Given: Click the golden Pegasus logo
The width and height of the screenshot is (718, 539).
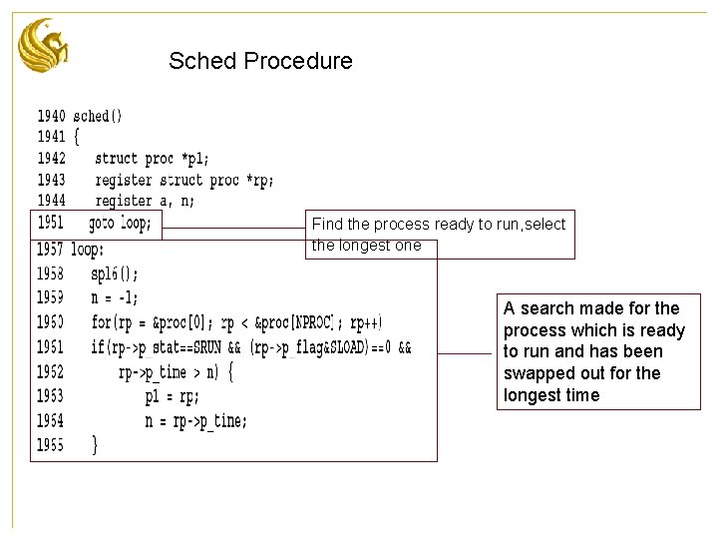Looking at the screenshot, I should (x=44, y=46).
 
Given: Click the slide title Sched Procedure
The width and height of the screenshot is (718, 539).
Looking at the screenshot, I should (x=260, y=61).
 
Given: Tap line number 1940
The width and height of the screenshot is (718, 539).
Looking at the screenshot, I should (x=52, y=116).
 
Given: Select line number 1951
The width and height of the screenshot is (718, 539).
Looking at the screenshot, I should (x=51, y=224).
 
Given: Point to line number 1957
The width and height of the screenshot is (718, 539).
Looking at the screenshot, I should (x=51, y=249).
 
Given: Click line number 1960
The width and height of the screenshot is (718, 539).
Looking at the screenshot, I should (x=51, y=322).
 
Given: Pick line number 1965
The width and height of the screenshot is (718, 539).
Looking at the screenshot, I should (x=51, y=445).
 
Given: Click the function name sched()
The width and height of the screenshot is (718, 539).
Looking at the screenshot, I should (x=98, y=116).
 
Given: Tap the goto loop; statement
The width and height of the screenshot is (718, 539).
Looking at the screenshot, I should (x=120, y=224).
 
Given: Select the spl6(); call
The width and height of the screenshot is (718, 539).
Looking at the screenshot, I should (x=115, y=273).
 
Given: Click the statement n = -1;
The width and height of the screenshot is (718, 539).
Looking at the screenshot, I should (x=115, y=297).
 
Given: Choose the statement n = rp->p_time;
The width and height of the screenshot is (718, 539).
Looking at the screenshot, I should (x=195, y=421).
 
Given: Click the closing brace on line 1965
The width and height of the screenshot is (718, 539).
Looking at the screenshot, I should (x=94, y=445).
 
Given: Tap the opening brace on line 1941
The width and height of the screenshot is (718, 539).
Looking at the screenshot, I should (x=76, y=137).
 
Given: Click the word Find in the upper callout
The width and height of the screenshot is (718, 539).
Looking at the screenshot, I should (x=327, y=225).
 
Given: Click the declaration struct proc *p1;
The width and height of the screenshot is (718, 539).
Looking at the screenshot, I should (x=152, y=158).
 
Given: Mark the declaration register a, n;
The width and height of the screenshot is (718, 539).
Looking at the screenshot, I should (x=145, y=201).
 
